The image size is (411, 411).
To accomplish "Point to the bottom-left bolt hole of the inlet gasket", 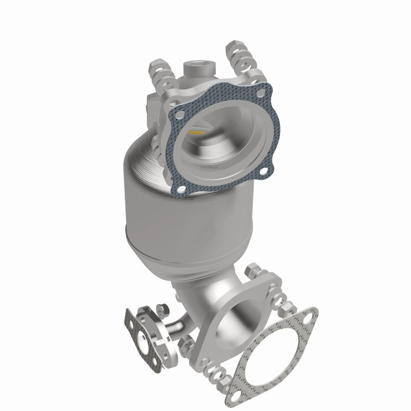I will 181,189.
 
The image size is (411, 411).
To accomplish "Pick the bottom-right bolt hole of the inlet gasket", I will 263,171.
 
